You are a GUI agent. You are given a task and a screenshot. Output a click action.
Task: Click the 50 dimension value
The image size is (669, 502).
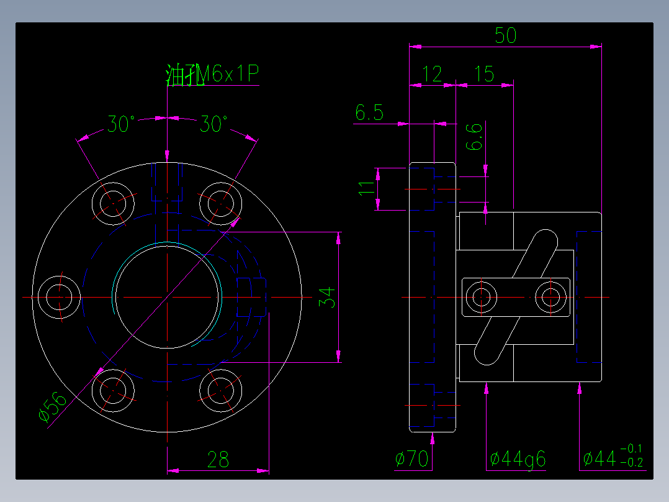click(x=506, y=35)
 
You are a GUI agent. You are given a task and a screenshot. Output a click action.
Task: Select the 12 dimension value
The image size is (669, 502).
click(x=432, y=75)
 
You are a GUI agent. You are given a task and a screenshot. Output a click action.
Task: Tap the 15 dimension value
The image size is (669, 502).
click(x=484, y=75)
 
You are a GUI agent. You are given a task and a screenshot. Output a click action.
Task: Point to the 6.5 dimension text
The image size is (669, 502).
click(x=369, y=113)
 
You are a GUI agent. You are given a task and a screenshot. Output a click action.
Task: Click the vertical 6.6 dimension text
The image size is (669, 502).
click(x=474, y=137)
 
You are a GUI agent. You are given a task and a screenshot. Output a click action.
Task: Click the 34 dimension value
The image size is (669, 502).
click(x=327, y=298)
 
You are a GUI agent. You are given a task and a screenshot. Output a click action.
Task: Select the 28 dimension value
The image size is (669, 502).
click(x=218, y=460)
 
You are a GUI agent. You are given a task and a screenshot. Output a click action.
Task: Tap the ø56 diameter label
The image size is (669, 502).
click(x=52, y=407)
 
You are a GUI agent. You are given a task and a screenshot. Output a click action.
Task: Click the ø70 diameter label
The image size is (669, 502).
click(x=411, y=459)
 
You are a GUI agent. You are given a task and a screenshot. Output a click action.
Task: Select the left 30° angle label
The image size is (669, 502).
click(x=121, y=124)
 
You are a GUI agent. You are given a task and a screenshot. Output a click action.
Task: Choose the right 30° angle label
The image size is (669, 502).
click(x=213, y=124)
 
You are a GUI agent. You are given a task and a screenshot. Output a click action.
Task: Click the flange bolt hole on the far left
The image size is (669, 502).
click(x=60, y=297)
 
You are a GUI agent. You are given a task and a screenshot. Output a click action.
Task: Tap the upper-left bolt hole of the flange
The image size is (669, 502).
click(x=113, y=203)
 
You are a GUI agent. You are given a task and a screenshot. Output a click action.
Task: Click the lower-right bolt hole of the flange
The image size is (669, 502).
click(x=220, y=391)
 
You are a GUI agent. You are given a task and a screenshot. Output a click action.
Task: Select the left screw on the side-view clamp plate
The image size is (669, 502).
click(x=482, y=297)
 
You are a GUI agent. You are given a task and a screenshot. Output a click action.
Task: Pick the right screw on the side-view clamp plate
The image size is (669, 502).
click(x=551, y=297)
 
